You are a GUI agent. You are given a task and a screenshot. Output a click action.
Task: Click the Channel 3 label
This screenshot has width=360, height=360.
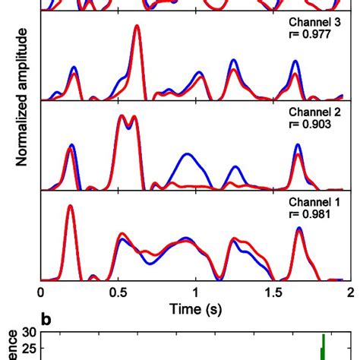314,24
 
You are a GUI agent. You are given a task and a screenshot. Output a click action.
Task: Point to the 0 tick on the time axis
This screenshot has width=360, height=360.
40,291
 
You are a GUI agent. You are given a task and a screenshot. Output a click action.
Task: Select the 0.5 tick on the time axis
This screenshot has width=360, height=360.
118,291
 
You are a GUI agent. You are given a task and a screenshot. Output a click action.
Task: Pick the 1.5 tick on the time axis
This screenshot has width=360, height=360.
273,291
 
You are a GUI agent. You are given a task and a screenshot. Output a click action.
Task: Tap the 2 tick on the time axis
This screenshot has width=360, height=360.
349,291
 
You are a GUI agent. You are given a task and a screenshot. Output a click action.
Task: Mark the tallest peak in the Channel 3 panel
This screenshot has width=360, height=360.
137,27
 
